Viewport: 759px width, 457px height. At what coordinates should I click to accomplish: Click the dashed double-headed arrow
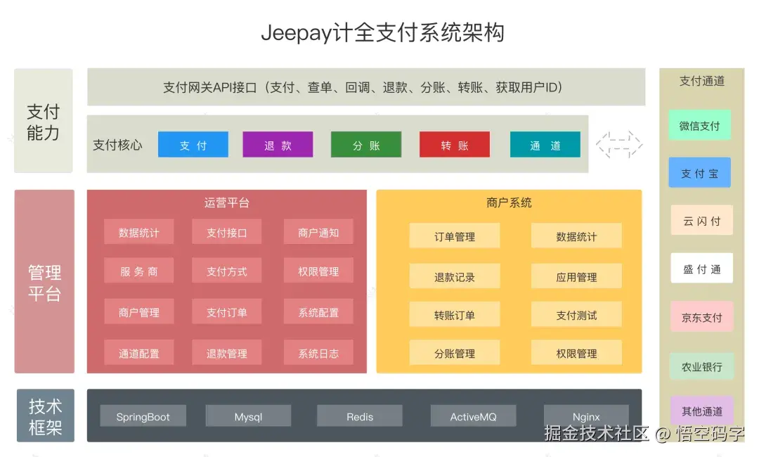pyautogui.click(x=619, y=144)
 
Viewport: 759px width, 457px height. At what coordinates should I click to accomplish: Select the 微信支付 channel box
pyautogui.click(x=700, y=125)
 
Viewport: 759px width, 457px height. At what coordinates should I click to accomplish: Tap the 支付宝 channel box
pyautogui.click(x=700, y=173)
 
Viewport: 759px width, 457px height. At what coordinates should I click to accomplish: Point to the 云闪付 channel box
pyautogui.click(x=702, y=221)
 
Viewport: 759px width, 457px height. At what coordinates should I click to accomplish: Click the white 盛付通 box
pyautogui.click(x=702, y=269)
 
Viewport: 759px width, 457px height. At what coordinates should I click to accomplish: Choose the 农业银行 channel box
pyautogui.click(x=702, y=366)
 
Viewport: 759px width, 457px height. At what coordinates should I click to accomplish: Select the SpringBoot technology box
pyautogui.click(x=143, y=416)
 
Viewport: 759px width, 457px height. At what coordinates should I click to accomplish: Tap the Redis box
pyautogui.click(x=360, y=416)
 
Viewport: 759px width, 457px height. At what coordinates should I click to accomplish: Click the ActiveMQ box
pyautogui.click(x=473, y=416)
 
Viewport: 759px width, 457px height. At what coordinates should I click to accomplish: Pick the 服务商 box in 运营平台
pyautogui.click(x=139, y=271)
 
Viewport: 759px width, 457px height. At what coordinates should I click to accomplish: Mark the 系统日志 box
pyautogui.click(x=318, y=353)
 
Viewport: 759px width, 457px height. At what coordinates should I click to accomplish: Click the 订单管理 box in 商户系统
pyautogui.click(x=455, y=237)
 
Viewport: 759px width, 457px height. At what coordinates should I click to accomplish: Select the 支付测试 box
pyautogui.click(x=576, y=314)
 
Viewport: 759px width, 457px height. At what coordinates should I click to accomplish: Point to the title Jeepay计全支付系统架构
pyautogui.click(x=383, y=32)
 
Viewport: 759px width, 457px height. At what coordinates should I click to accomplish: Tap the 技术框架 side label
pyautogui.click(x=46, y=416)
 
